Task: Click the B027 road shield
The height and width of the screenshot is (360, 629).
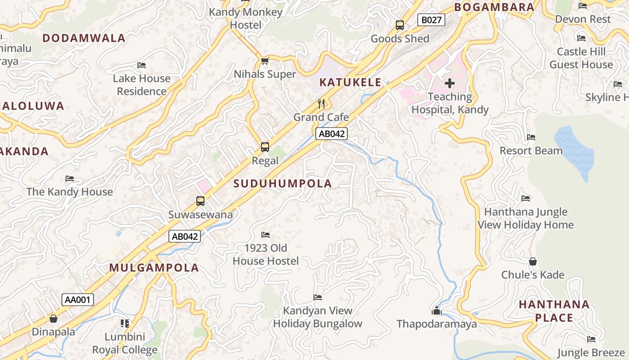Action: click(431, 20)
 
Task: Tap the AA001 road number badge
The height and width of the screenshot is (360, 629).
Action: click(78, 300)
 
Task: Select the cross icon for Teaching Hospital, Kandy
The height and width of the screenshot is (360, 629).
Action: click(449, 83)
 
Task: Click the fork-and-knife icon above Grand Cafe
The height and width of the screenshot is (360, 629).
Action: click(321, 104)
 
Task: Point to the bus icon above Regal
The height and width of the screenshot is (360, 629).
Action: click(265, 147)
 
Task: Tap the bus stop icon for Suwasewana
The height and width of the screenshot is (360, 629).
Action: click(200, 201)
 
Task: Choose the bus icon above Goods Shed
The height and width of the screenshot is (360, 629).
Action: click(400, 25)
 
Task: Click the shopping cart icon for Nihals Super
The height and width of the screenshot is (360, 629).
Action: click(265, 61)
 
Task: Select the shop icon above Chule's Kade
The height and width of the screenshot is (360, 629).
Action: click(532, 261)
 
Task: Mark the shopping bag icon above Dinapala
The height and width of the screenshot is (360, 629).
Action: click(53, 319)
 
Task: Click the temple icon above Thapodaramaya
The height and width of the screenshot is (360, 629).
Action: click(436, 310)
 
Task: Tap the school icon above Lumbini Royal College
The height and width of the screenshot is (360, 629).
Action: click(124, 323)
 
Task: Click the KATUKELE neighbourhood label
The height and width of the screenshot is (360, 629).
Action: click(350, 82)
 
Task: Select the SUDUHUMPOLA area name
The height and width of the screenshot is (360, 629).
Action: click(283, 184)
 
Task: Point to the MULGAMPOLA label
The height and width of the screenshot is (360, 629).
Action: click(154, 268)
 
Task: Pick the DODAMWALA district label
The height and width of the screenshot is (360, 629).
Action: click(84, 38)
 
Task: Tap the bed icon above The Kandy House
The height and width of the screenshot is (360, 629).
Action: click(69, 179)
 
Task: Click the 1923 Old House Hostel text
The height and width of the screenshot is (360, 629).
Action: click(265, 254)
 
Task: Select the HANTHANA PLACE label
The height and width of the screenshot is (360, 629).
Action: click(554, 311)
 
